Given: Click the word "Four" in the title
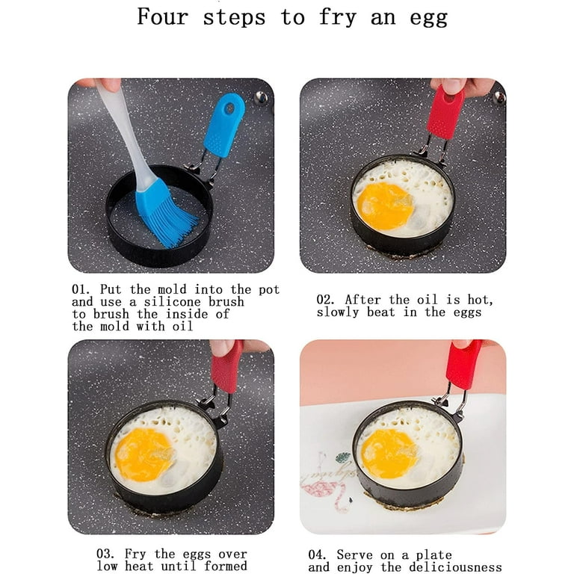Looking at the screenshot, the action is coord(162,17).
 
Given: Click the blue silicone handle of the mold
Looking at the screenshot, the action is coord(224,125).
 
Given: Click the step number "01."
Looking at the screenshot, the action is coord(81,289).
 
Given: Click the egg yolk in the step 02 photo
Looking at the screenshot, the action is coord(385,206).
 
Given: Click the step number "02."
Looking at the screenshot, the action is coord(325,300).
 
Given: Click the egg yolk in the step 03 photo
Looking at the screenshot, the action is coord(144,455).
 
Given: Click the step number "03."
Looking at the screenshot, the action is coord(105,553).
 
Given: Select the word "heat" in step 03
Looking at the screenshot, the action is coord(139,566).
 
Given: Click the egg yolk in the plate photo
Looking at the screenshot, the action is coord(389,454).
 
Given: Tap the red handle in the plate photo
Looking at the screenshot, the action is coord(463,365).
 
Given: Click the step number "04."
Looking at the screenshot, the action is coord(317,555).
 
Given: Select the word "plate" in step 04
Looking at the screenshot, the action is coord(433,555).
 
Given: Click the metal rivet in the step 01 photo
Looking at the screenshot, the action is coord(260,98).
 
